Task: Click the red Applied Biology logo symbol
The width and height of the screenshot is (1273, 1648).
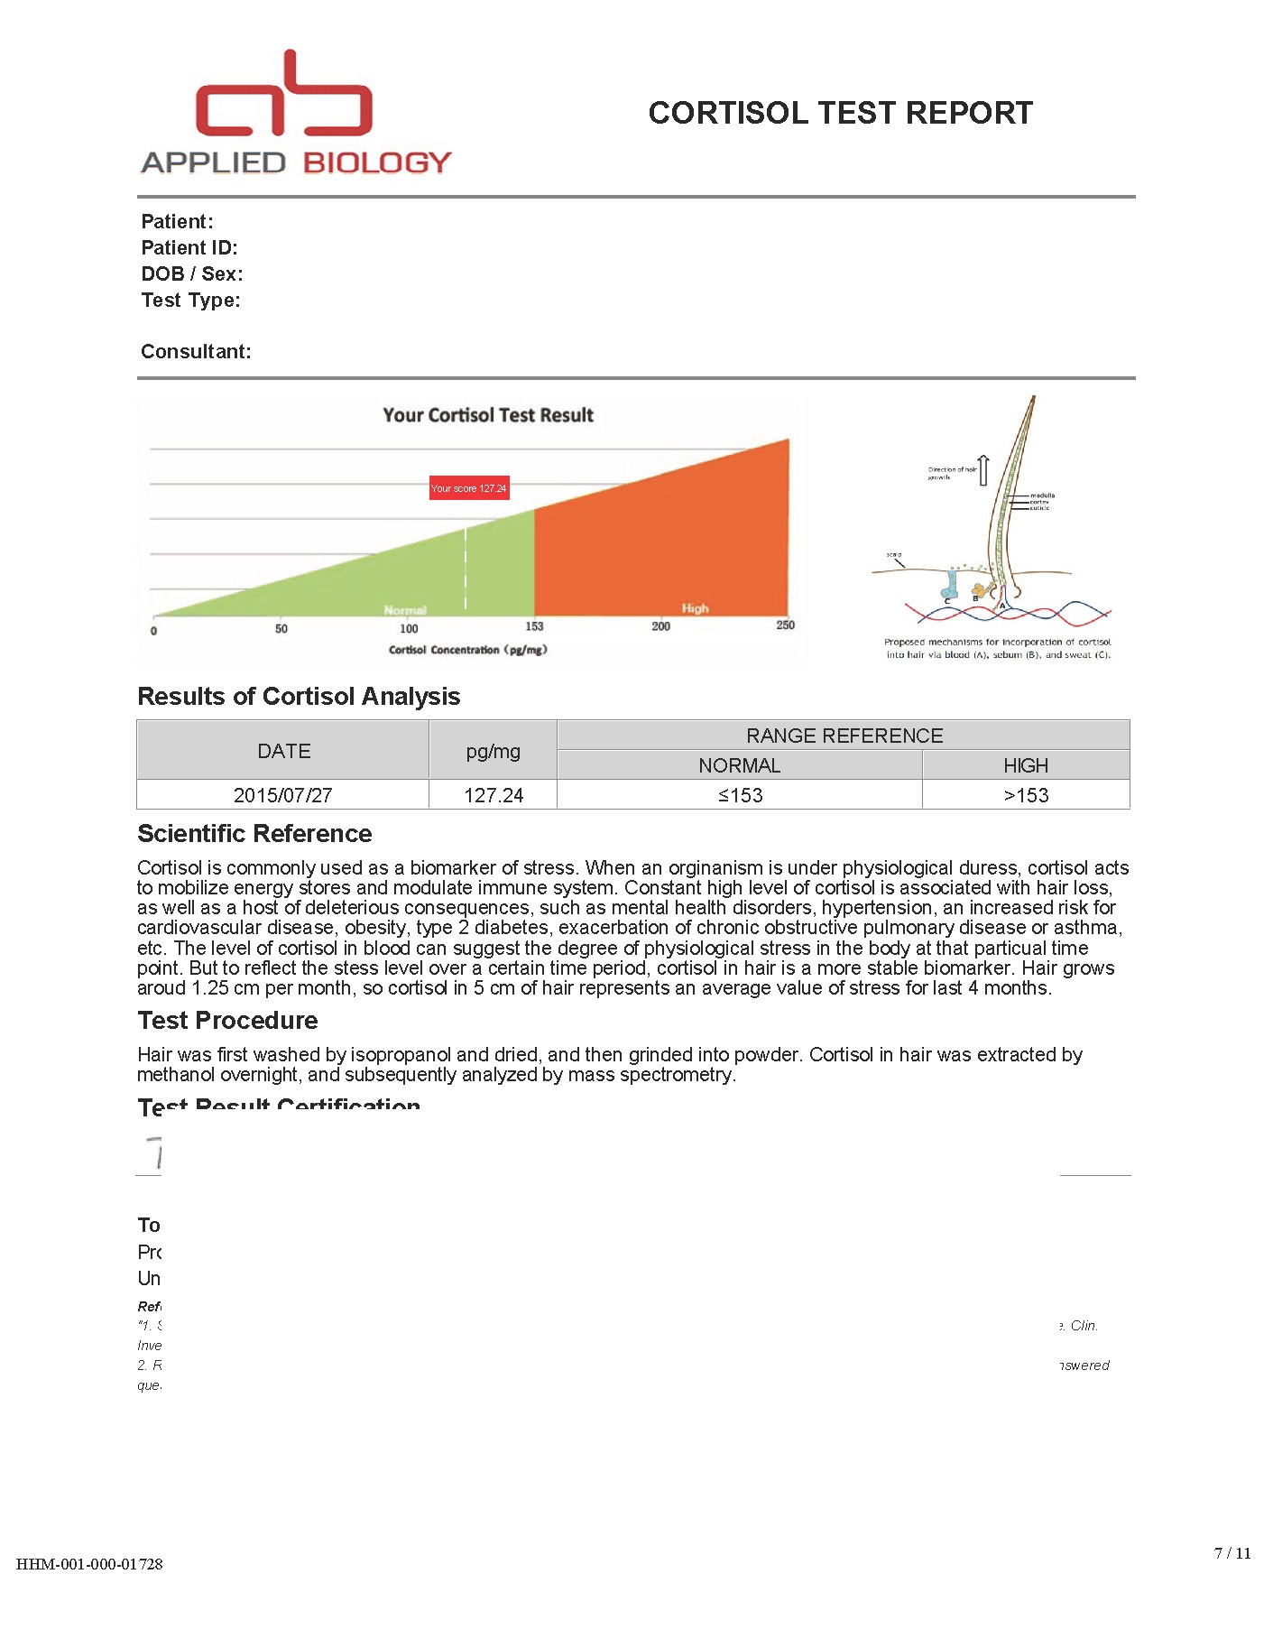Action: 284,96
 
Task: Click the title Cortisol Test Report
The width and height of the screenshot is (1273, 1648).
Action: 840,113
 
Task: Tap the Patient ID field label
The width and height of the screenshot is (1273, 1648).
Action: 189,248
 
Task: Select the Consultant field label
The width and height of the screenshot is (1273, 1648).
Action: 196,352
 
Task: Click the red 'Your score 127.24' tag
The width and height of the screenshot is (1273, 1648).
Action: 469,488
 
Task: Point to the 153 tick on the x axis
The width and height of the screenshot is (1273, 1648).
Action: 534,626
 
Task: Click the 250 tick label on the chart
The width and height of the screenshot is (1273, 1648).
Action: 785,625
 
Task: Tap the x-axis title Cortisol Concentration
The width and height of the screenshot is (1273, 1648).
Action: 467,650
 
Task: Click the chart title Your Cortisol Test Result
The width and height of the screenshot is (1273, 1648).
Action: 488,415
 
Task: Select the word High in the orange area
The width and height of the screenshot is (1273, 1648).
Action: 695,608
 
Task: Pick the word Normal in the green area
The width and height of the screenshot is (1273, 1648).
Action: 405,610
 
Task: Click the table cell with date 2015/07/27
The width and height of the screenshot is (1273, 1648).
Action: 283,795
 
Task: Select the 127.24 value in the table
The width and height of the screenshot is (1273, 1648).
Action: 494,795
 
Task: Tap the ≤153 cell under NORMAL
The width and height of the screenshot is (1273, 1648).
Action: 740,795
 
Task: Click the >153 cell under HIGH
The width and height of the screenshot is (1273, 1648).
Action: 1026,795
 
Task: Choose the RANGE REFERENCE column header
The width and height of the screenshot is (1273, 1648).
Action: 844,736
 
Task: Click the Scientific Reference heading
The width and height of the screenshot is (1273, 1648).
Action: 254,833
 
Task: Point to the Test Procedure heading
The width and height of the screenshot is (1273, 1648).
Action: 227,1020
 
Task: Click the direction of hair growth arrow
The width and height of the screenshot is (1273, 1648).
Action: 983,469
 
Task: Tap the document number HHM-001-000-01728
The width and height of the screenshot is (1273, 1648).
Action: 89,1564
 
